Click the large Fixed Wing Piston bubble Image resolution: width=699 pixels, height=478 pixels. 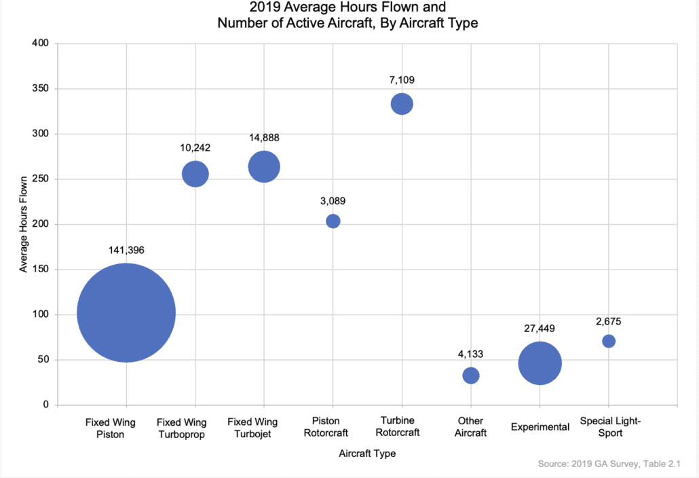pos(126,312)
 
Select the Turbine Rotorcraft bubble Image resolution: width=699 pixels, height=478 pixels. pos(402,104)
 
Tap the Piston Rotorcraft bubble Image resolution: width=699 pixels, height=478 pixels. pos(333,221)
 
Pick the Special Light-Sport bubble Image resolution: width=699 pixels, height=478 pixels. pos(609,341)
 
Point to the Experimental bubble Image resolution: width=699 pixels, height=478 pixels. pos(540,363)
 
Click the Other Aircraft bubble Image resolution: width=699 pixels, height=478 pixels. pos(471,375)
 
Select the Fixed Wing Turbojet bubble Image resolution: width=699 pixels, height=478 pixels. pos(264,167)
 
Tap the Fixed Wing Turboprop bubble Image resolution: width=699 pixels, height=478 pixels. pos(195,174)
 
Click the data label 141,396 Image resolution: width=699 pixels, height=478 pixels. pos(126,250)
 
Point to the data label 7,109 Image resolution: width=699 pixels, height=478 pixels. pos(402,80)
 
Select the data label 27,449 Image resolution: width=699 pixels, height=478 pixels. pos(540,328)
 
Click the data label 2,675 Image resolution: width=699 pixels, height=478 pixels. pos(609,321)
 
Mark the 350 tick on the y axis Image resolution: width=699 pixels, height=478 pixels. pos(41,89)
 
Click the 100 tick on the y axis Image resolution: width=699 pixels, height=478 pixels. pos(41,314)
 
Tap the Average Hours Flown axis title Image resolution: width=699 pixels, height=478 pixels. pos(24,224)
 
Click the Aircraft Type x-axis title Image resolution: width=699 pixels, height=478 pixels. pos(367,454)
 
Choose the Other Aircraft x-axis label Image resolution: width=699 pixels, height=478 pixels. pos(471,427)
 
